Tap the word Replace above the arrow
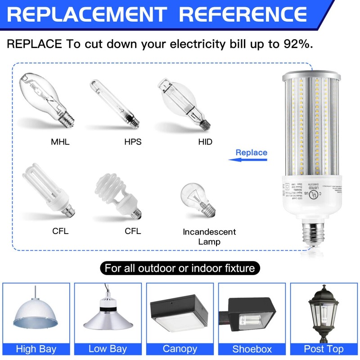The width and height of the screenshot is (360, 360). [x=251, y=152]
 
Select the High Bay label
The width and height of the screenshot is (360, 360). [x=36, y=349]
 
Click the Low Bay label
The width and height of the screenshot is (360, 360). [x=108, y=349]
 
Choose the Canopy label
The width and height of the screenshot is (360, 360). [x=180, y=349]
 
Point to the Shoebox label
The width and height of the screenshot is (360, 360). [x=252, y=349]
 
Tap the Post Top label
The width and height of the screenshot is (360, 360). [x=324, y=349]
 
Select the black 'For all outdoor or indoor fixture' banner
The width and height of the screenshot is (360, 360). [x=180, y=269]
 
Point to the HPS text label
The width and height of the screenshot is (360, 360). [x=133, y=142]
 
